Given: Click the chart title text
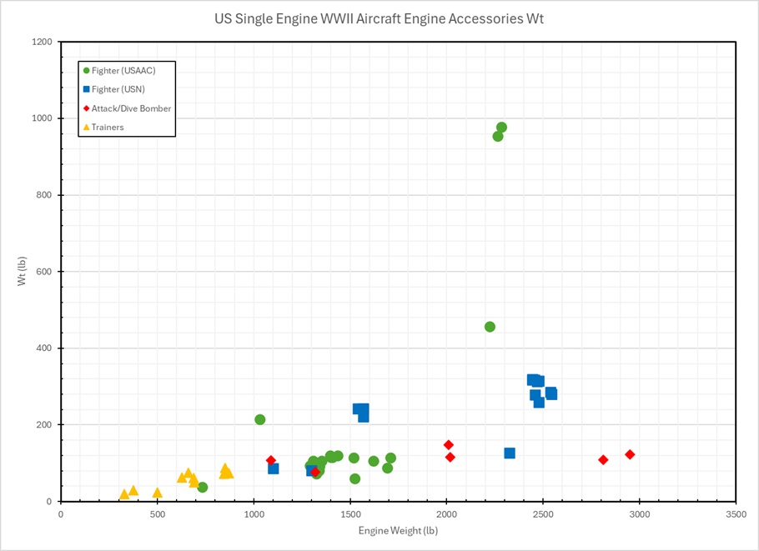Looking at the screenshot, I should tap(379, 18).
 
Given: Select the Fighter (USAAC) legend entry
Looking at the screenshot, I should tap(123, 70).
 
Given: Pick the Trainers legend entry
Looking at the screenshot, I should tap(108, 128).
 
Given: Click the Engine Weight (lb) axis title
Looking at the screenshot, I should tap(398, 531).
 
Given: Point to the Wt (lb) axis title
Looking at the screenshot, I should tap(23, 272).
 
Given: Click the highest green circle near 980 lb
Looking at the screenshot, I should tap(501, 128).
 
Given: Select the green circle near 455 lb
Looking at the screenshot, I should tap(490, 327).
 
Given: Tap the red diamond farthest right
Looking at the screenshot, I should tap(630, 454).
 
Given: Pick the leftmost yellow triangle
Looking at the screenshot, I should tap(124, 494).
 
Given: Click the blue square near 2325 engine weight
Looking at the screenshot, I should tap(510, 453).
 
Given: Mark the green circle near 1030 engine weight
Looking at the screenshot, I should tap(260, 419).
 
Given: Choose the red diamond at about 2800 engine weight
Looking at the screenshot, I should tap(603, 460).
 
